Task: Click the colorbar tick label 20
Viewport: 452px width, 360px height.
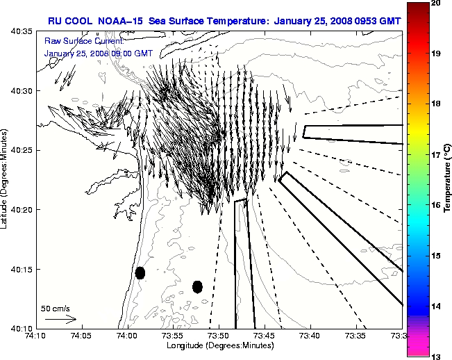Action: coord(434,3)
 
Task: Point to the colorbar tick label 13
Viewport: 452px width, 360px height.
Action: coord(434,356)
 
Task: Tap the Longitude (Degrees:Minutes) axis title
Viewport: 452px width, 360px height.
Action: coord(219,345)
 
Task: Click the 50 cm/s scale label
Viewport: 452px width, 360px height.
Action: coord(55,308)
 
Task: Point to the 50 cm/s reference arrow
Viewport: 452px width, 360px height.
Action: coord(61,319)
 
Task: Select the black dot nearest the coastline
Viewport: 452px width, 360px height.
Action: coord(140,272)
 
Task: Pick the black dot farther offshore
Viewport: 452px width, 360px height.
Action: coord(197,286)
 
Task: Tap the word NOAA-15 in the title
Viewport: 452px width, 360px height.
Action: coord(119,20)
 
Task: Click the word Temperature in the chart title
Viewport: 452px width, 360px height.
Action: coord(238,20)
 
